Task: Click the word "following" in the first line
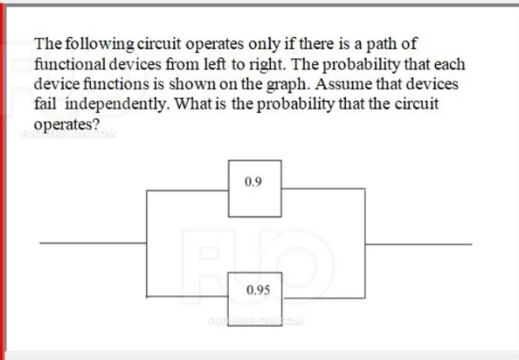(92, 43)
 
